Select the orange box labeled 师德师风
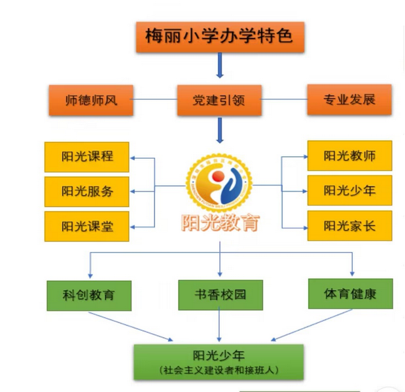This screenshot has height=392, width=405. (91, 101)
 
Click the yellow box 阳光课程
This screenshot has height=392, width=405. (87, 157)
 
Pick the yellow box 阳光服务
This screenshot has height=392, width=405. (87, 191)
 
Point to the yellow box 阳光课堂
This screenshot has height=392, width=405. (87, 226)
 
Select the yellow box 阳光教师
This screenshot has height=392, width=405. (349, 156)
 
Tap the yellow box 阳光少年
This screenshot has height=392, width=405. (349, 191)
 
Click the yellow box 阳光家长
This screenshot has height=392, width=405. (349, 226)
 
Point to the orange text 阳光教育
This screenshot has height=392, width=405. (220, 223)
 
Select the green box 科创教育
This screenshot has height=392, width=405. (89, 295)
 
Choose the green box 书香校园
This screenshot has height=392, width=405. (220, 295)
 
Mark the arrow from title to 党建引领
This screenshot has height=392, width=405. (220, 66)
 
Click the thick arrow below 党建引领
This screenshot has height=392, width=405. (220, 131)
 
